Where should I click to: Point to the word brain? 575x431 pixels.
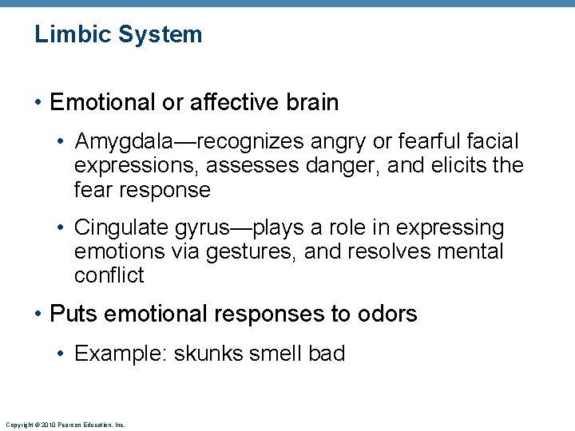tap(309, 103)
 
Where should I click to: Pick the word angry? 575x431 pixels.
tap(352, 142)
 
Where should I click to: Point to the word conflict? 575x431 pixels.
tap(109, 276)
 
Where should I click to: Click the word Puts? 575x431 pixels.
tap(73, 314)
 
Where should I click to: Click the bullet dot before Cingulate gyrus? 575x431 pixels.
tap(61, 229)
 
